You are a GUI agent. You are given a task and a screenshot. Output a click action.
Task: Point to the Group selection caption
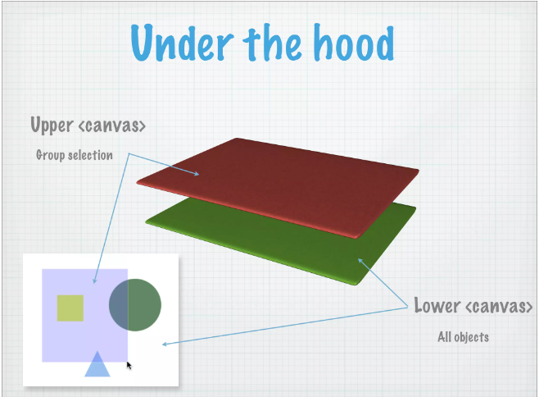[75, 154]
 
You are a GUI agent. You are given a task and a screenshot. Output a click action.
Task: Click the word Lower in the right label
[437, 306]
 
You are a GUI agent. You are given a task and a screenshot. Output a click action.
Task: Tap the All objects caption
[463, 336]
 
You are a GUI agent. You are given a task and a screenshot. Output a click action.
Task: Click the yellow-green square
[70, 307]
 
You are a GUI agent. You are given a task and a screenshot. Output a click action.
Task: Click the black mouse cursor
[129, 364]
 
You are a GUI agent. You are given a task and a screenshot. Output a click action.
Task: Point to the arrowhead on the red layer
[197, 173]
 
